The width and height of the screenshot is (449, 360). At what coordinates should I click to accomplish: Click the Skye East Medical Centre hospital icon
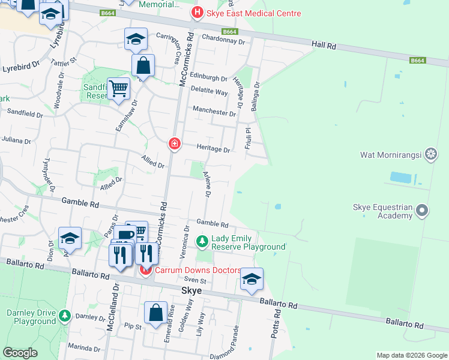tap(196, 13)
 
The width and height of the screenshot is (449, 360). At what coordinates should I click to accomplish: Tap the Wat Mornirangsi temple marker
tap(431, 155)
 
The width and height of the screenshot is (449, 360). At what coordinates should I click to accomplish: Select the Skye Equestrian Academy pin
tap(422, 211)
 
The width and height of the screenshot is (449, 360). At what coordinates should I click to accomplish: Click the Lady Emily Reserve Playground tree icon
tap(202, 241)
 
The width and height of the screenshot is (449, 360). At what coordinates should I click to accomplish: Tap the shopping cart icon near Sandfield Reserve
tap(119, 89)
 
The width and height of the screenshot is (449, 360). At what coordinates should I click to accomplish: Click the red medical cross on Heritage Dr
tap(174, 144)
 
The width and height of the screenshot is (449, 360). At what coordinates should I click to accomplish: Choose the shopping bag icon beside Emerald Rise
tap(155, 313)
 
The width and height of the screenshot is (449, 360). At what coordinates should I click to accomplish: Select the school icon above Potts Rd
tap(252, 279)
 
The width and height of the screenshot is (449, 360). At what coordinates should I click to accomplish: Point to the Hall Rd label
tap(324, 44)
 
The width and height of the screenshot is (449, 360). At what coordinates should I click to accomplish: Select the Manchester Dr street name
tap(214, 112)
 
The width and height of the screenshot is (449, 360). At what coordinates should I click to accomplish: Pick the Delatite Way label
tap(209, 92)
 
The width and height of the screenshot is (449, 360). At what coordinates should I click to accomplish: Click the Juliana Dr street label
tap(16, 140)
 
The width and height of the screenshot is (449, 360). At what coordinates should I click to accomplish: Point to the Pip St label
tap(132, 327)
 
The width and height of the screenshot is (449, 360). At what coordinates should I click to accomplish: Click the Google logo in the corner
tap(20, 353)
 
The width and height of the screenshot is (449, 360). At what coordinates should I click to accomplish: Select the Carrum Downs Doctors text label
tap(198, 271)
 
